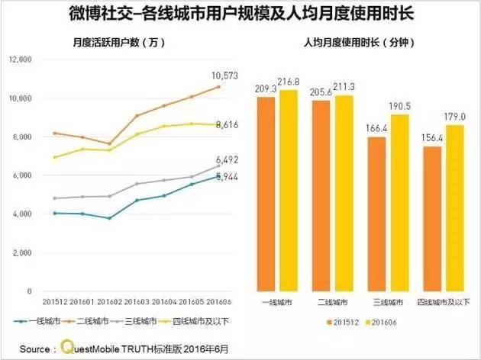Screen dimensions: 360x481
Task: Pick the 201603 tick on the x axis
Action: pos(137,302)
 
